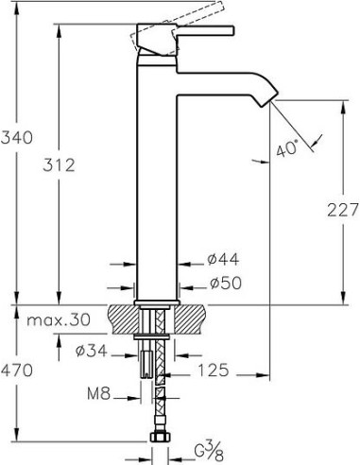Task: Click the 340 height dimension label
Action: tap(17, 138)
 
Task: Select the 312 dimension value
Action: tap(59, 165)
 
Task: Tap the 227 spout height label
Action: tap(343, 210)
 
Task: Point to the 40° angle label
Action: tap(287, 149)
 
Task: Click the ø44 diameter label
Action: tap(223, 259)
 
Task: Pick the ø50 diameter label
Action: tap(226, 283)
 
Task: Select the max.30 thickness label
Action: tap(59, 320)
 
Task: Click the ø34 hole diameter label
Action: tap(92, 351)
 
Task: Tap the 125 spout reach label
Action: tap(213, 370)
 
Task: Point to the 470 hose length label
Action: tap(17, 370)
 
